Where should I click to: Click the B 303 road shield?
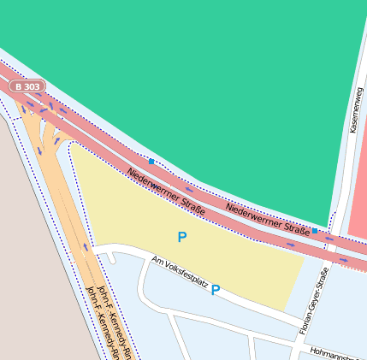(x=27, y=86)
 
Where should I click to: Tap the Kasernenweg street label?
(x=358, y=109)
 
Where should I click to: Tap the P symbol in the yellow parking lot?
(x=181, y=237)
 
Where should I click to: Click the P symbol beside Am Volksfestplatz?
(x=216, y=290)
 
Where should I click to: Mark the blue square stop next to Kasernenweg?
(x=315, y=231)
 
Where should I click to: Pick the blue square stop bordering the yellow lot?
(x=151, y=161)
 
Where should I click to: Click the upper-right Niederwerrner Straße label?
(x=268, y=219)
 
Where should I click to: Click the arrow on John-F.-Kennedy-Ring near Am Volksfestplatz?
(x=85, y=247)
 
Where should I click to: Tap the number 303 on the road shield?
(x=31, y=86)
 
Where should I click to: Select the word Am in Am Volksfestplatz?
(x=156, y=260)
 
